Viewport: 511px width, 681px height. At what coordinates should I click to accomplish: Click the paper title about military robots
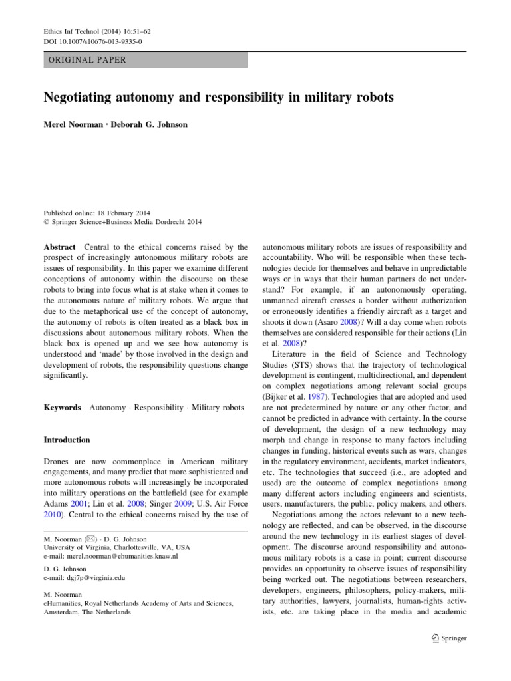point(218,98)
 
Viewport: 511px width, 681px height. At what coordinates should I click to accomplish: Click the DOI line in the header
point(92,41)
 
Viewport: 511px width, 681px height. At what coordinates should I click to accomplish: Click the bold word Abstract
point(59,247)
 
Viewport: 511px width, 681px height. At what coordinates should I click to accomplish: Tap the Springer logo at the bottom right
point(449,638)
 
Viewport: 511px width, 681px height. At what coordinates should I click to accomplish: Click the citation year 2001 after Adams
point(79,503)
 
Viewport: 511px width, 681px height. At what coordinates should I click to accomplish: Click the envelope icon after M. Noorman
point(85,539)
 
